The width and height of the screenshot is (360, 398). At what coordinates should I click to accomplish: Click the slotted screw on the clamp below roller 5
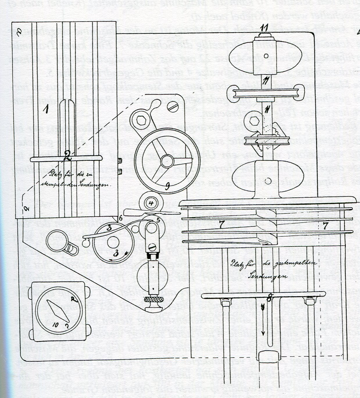pos(151,247)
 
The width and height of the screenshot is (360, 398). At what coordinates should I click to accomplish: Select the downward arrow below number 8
pos(263,320)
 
